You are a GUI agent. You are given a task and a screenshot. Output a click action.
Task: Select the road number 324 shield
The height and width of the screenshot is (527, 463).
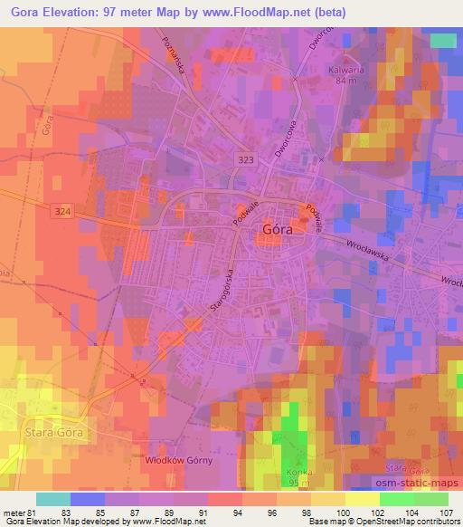pyautogui.click(x=61, y=211)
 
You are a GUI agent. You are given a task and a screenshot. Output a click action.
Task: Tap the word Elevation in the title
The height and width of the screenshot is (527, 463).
pyautogui.click(x=73, y=10)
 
